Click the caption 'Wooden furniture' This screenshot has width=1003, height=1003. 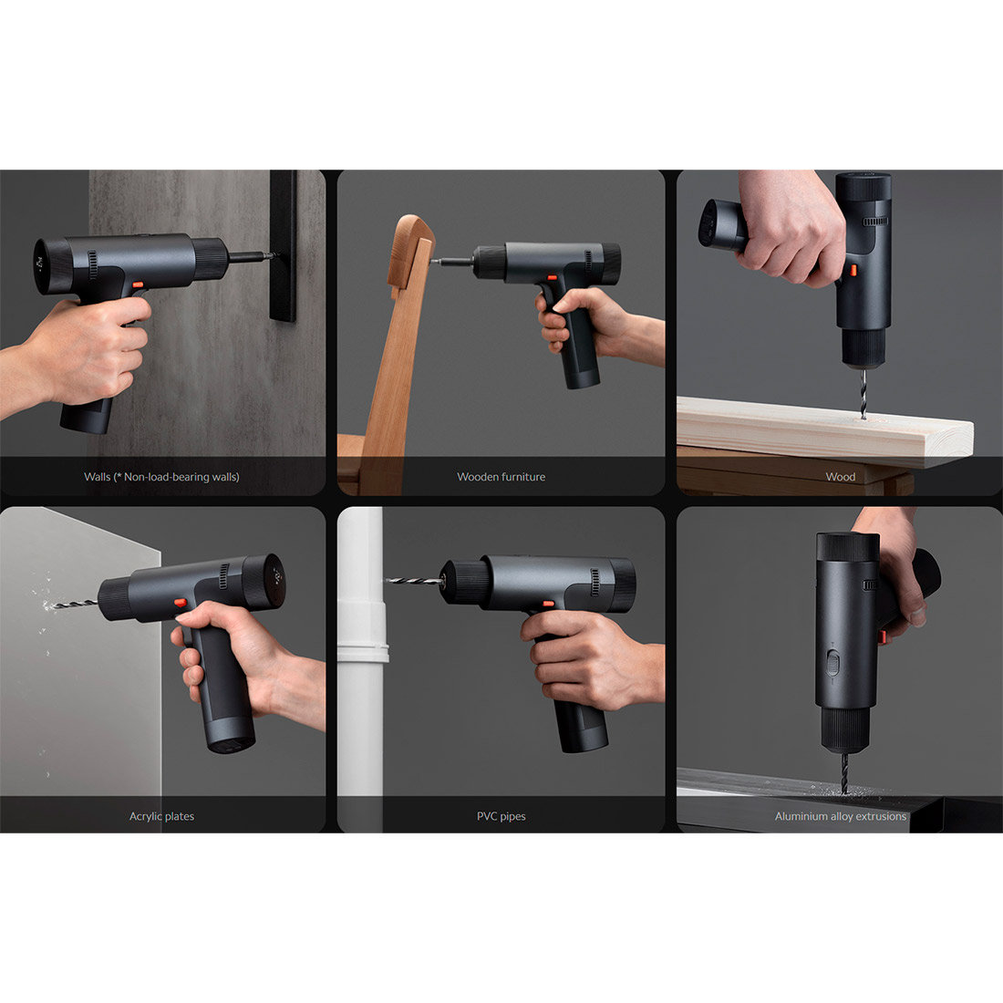pyautogui.click(x=501, y=477)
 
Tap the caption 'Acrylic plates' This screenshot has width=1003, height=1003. pyautogui.click(x=161, y=816)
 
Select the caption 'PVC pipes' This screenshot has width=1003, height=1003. pyautogui.click(x=501, y=816)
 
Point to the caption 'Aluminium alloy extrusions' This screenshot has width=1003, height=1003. pyautogui.click(x=840, y=816)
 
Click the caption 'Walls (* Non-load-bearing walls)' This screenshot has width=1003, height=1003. pyautogui.click(x=161, y=477)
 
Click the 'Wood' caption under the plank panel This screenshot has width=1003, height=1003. pyautogui.click(x=840, y=477)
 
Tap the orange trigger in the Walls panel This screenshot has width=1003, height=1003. pyautogui.click(x=138, y=284)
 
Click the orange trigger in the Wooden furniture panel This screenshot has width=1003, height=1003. pyautogui.click(x=552, y=277)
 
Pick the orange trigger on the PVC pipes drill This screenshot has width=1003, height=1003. pyautogui.click(x=548, y=604)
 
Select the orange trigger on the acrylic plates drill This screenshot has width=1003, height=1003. pyautogui.click(x=181, y=603)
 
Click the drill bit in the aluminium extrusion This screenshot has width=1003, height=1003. pyautogui.click(x=844, y=771)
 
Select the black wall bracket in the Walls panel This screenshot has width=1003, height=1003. pyautogui.click(x=283, y=245)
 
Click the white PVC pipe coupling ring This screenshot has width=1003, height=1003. pyautogui.click(x=363, y=653)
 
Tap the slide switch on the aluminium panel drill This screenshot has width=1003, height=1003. pyautogui.click(x=832, y=663)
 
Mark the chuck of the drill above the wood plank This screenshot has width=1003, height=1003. pyautogui.click(x=864, y=348)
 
